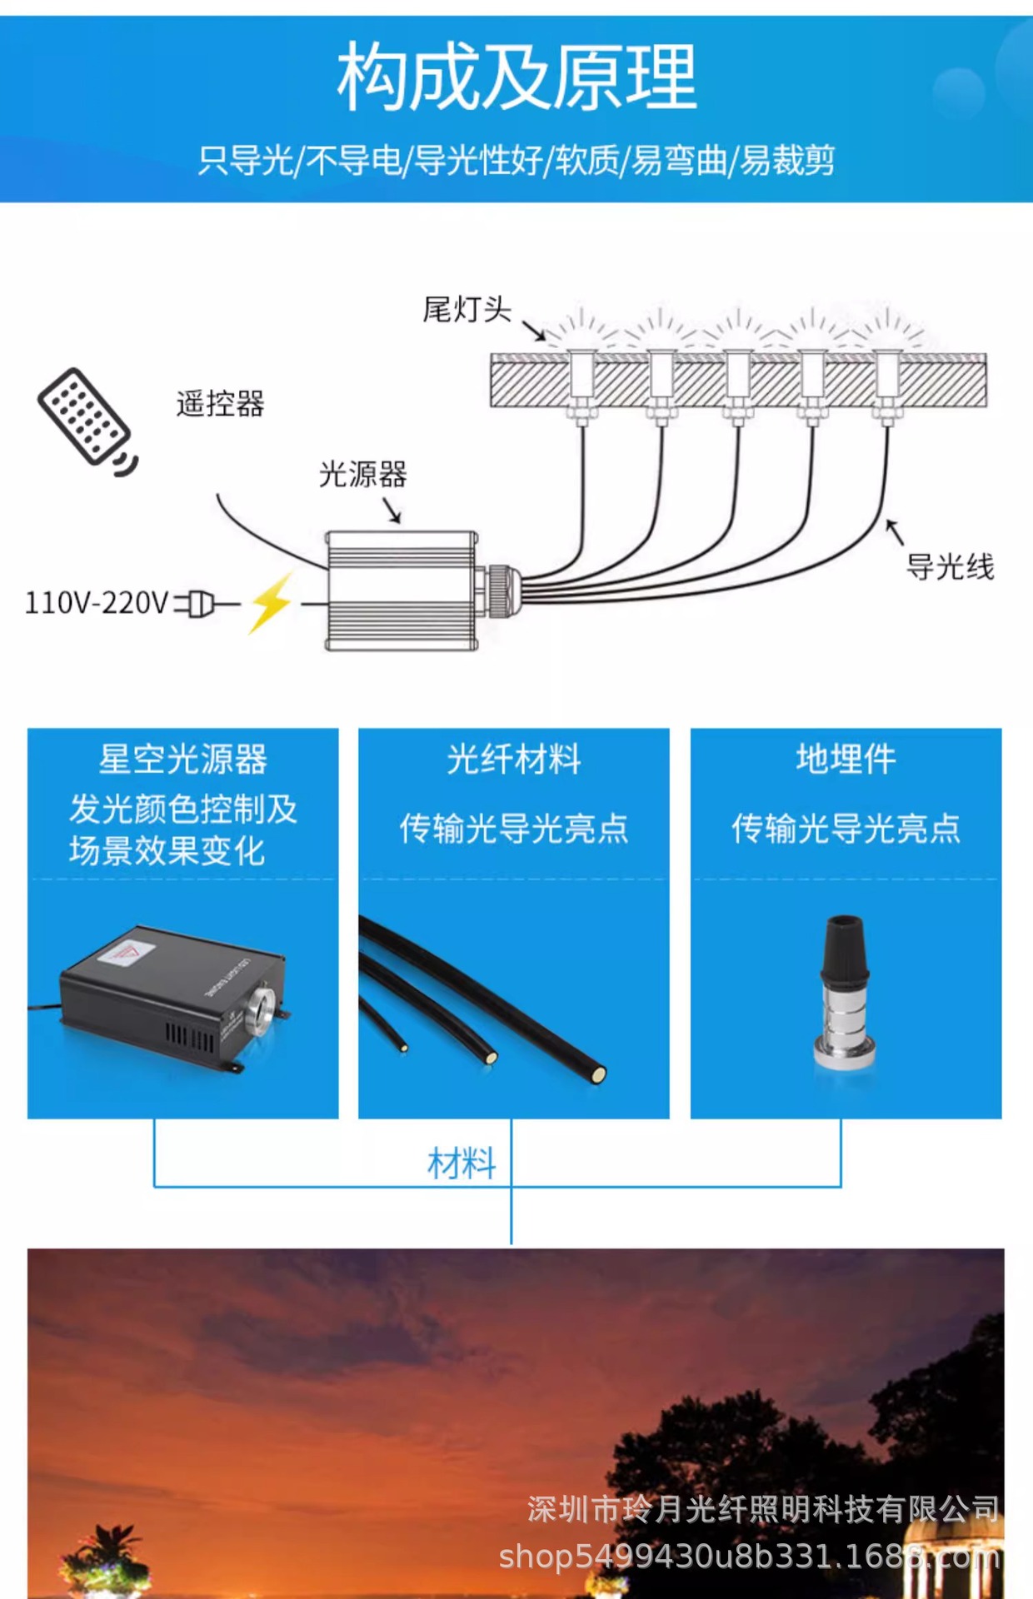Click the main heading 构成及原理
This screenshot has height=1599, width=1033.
tap(516, 77)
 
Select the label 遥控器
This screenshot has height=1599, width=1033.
tap(220, 404)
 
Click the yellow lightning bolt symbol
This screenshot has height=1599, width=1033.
tap(271, 601)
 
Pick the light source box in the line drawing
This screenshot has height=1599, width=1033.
tap(402, 590)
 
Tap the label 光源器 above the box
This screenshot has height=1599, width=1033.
tap(363, 475)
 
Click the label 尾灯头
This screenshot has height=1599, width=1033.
tap(467, 310)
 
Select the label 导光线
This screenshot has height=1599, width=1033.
tap(950, 567)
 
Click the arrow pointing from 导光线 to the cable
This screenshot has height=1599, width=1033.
tap(894, 531)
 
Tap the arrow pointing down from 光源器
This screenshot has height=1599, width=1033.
tap(392, 510)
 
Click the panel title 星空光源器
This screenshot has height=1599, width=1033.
tap(183, 759)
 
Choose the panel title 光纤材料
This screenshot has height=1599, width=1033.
tap(514, 759)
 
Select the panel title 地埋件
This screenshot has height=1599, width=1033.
tap(846, 759)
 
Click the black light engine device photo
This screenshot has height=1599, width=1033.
tap(171, 995)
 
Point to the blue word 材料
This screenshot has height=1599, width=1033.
tap(462, 1163)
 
